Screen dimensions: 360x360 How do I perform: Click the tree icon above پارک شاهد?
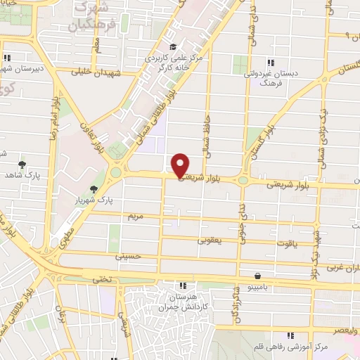22,165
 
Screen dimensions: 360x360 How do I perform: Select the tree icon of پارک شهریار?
94,189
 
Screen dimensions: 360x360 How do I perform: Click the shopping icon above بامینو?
259,276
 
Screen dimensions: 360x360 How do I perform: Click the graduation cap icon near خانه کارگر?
173,47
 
